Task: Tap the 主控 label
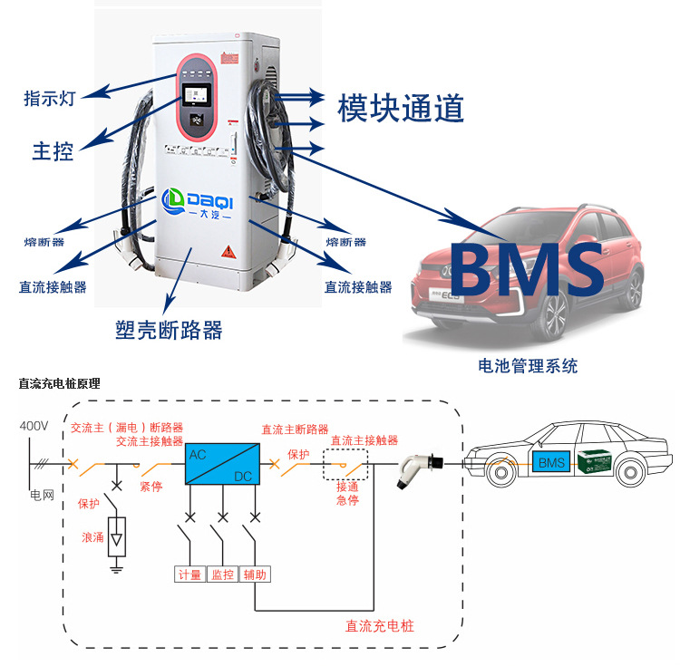click(x=53, y=150)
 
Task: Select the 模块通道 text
click(x=401, y=108)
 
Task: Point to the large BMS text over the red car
click(x=527, y=269)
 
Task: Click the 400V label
click(x=34, y=426)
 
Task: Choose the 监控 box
click(x=222, y=574)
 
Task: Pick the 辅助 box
click(x=256, y=574)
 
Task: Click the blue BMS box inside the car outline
click(x=550, y=463)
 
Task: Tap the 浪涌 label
click(x=92, y=537)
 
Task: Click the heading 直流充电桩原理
click(x=59, y=383)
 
